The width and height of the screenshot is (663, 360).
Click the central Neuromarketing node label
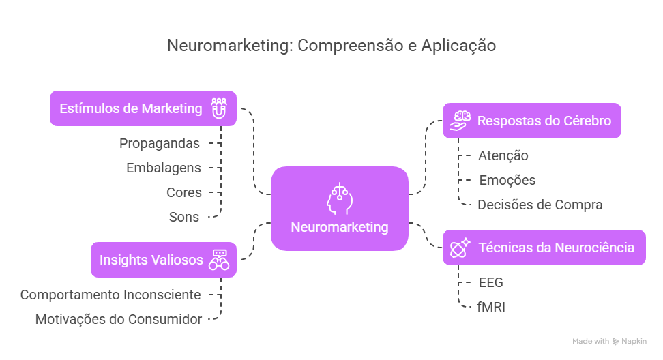(339, 227)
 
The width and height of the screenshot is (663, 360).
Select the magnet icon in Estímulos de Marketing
(219, 108)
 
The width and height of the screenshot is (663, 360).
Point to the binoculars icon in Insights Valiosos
(219, 260)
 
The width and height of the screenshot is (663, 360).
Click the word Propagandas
(160, 143)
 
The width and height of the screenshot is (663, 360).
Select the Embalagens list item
(164, 168)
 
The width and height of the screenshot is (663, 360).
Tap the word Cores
(184, 192)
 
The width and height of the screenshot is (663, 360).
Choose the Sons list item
(184, 217)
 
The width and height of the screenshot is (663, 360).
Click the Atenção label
(503, 155)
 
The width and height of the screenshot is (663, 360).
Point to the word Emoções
(506, 180)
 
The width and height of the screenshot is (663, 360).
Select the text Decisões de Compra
(540, 205)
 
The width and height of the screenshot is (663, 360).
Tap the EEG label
(490, 282)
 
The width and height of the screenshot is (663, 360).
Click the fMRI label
(491, 307)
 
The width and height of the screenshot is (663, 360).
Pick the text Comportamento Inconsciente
(110, 295)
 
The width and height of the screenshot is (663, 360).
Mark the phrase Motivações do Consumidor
(118, 319)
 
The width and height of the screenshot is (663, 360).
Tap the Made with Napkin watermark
(608, 341)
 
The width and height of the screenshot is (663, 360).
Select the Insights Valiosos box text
(151, 260)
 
